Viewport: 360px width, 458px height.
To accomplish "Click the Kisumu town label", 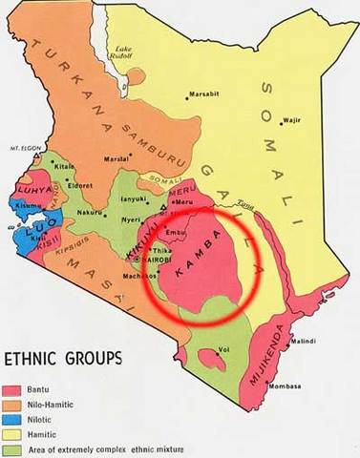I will (26, 205).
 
